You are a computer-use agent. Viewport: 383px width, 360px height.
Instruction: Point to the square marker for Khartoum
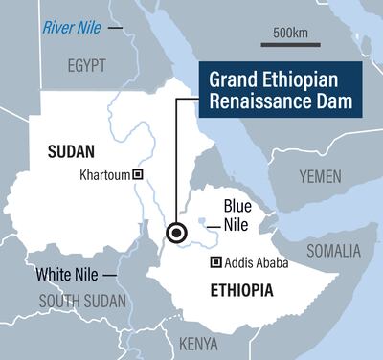click(x=138, y=174)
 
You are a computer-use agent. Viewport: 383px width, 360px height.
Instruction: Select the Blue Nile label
click(x=238, y=216)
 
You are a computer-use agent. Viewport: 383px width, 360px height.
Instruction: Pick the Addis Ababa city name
click(x=257, y=262)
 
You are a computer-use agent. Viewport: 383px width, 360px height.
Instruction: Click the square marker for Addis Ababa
click(x=216, y=262)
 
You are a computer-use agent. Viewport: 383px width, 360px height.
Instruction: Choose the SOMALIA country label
click(x=334, y=251)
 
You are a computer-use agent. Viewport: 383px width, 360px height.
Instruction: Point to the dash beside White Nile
click(x=112, y=275)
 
